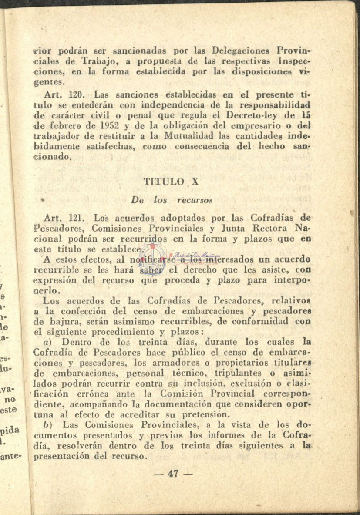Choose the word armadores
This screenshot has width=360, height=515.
[168, 363]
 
